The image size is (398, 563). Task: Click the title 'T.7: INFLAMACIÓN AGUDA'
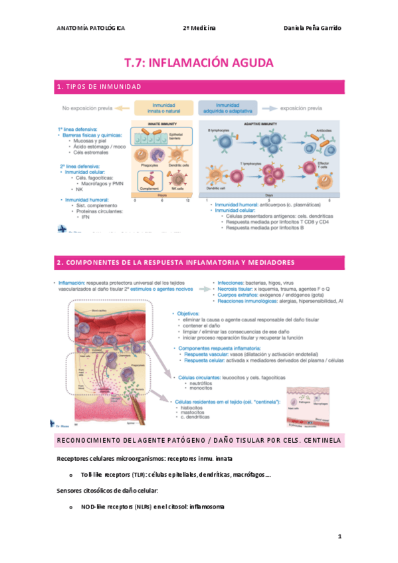[x=199, y=64]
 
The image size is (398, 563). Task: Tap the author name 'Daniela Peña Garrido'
[x=312, y=28]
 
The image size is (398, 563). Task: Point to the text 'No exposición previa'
[x=86, y=108]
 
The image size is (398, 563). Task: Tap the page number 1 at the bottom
[x=339, y=534]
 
